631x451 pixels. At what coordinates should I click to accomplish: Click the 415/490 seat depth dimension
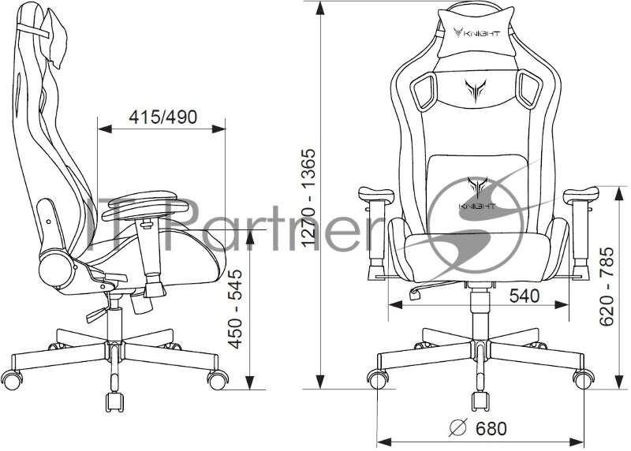pyautogui.click(x=163, y=117)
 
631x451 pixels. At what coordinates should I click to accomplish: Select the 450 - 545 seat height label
pyautogui.click(x=235, y=309)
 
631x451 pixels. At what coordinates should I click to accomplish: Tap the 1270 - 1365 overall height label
pyautogui.click(x=309, y=198)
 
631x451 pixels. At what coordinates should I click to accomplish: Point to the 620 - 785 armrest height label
pyautogui.click(x=607, y=286)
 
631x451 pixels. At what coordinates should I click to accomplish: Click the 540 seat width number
pyautogui.click(x=525, y=296)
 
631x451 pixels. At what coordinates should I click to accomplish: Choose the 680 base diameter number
pyautogui.click(x=491, y=429)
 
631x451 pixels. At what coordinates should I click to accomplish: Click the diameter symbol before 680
pyautogui.click(x=458, y=427)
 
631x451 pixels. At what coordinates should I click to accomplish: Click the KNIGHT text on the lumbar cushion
pyautogui.click(x=477, y=207)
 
